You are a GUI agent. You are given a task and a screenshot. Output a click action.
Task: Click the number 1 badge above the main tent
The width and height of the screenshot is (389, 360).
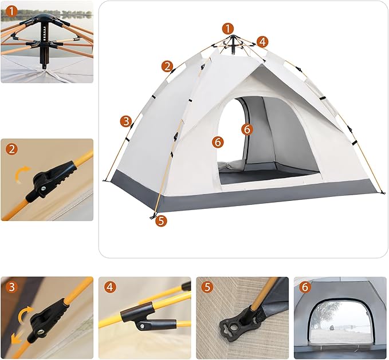click(228, 28)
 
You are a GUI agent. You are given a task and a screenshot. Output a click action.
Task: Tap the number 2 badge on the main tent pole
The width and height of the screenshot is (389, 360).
click(167, 66)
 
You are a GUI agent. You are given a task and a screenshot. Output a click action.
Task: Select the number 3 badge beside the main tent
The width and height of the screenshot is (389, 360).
click(126, 121)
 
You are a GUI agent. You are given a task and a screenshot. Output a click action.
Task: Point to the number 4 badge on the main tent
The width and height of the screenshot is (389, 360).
click(262, 41)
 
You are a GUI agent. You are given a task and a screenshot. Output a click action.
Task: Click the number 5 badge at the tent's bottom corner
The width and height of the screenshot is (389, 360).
click(160, 220)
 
